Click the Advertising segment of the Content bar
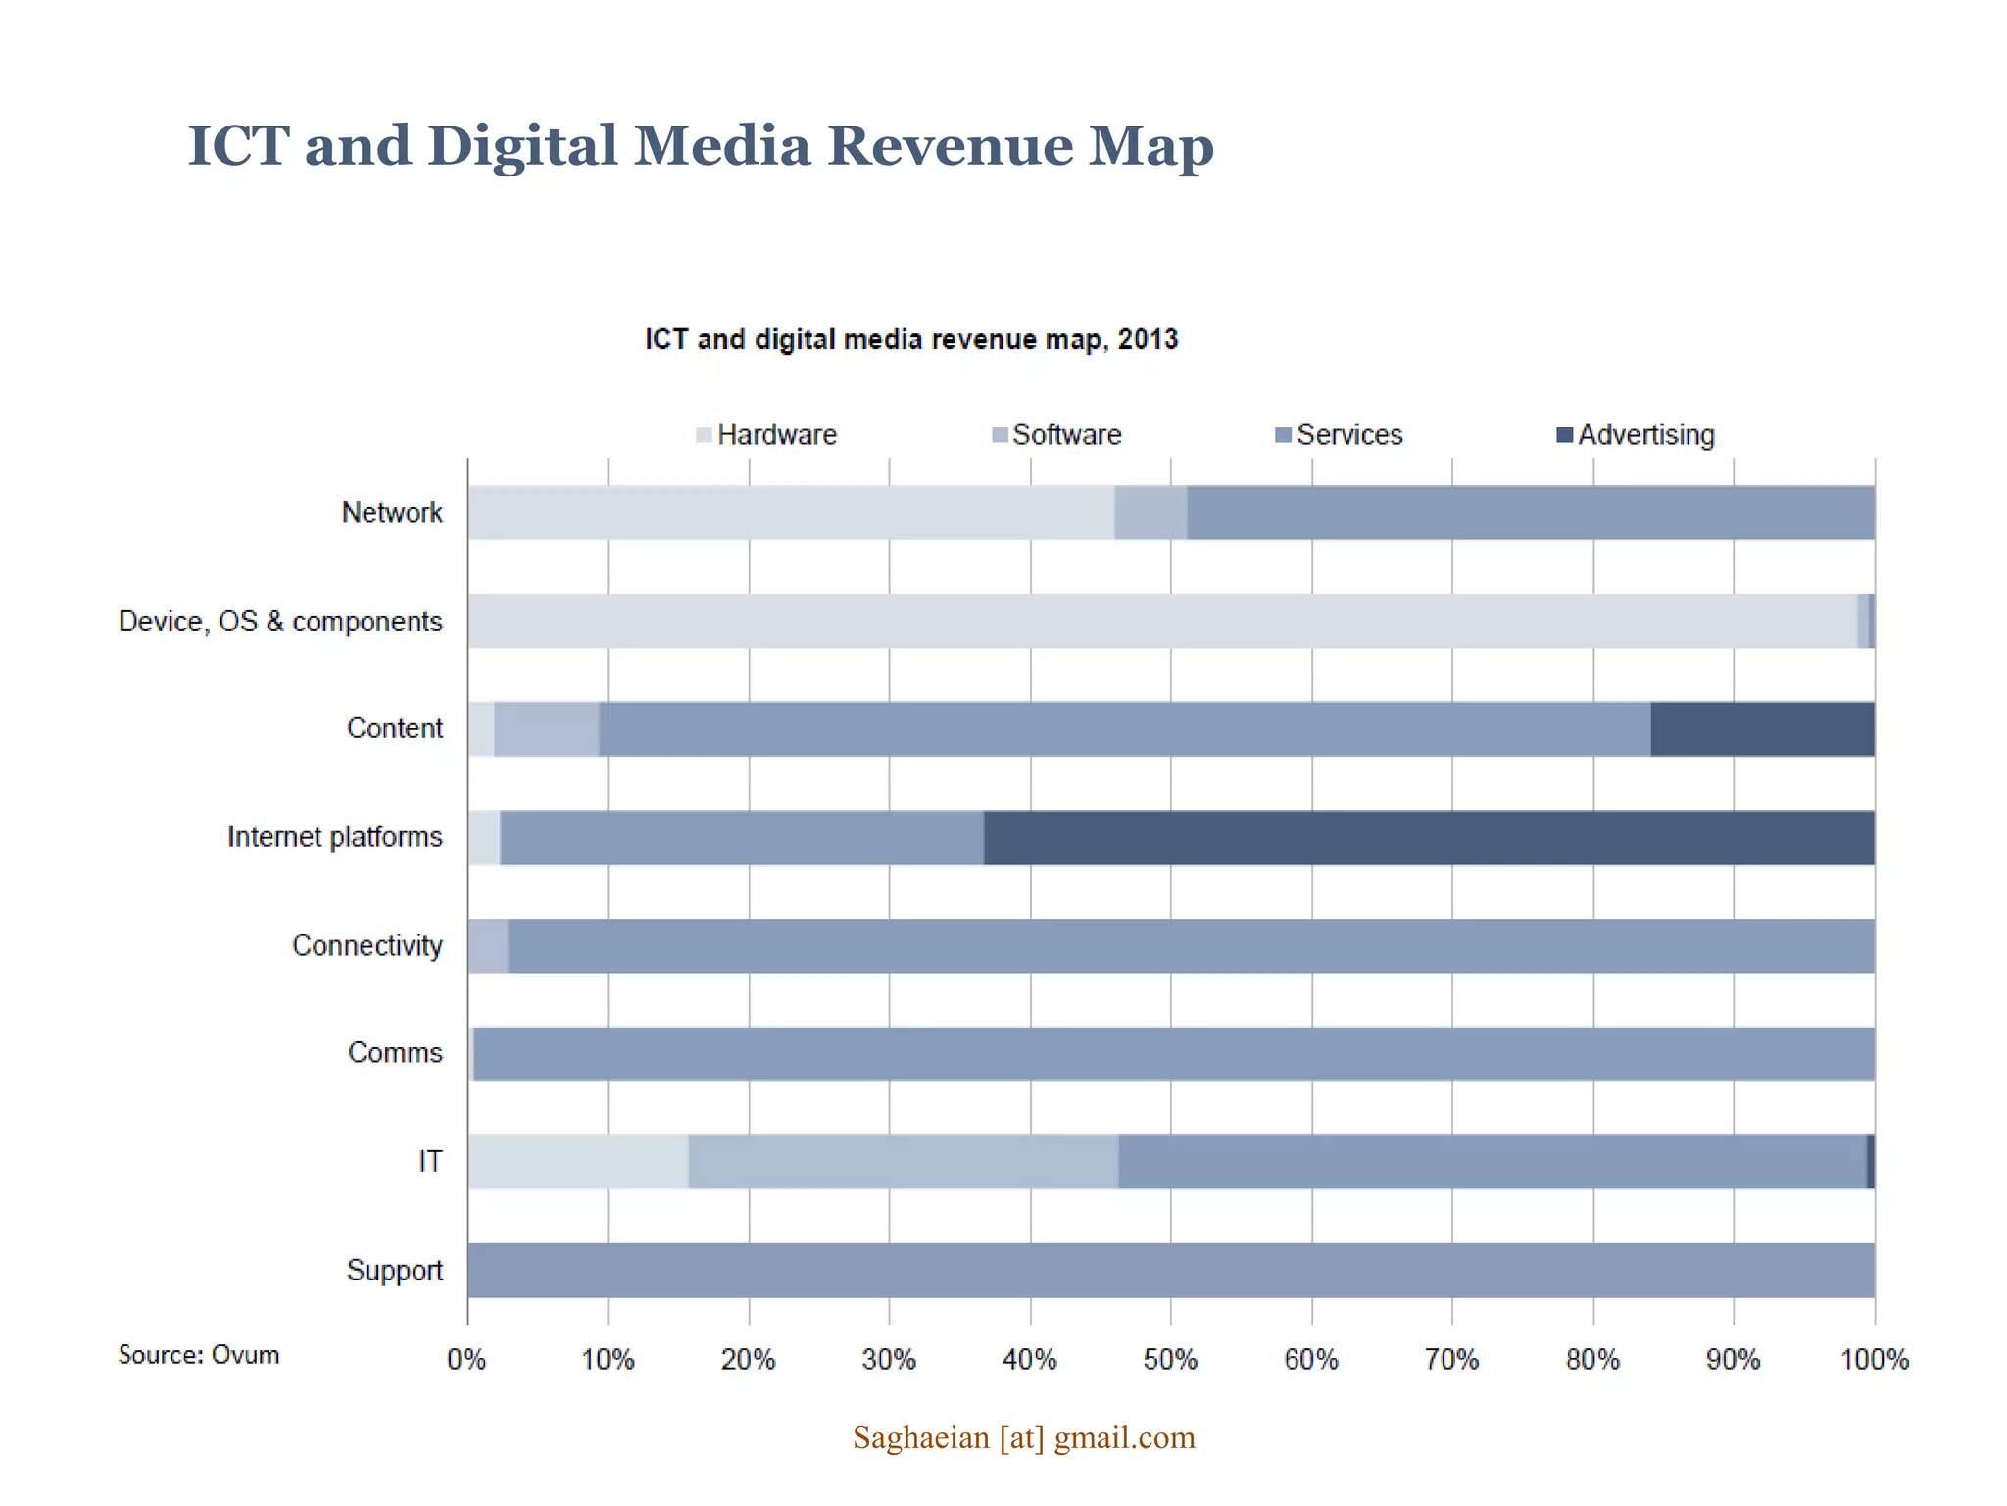1762,728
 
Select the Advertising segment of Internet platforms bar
1429,837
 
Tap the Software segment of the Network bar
1150,513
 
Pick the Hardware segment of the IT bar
578,1162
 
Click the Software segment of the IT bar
903,1162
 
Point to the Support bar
1171,1271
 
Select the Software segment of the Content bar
546,728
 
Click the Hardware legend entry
766,434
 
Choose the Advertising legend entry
1636,434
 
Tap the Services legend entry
1339,434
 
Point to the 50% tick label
1170,1360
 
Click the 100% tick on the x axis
1874,1360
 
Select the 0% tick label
466,1360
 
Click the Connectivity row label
367,945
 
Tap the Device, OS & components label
280,622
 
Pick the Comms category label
395,1053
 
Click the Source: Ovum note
199,1355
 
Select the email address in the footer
1023,1437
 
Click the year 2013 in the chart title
1148,339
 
